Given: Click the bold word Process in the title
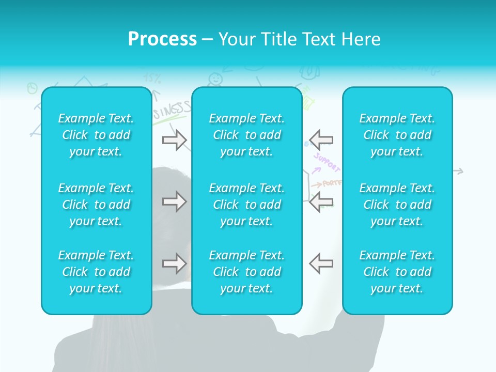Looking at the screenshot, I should pyautogui.click(x=162, y=39).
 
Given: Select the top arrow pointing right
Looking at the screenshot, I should pyautogui.click(x=174, y=140).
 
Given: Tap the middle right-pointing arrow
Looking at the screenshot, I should pyautogui.click(x=174, y=202).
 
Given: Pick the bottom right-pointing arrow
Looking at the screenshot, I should pyautogui.click(x=174, y=263).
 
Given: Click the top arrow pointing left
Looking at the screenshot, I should pyautogui.click(x=321, y=140).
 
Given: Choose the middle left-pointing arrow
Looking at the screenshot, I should pyautogui.click(x=321, y=202).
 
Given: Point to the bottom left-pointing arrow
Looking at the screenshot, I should pyautogui.click(x=321, y=263).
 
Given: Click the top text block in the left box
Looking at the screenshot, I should pyautogui.click(x=96, y=135).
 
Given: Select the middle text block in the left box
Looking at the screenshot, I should pyautogui.click(x=96, y=205).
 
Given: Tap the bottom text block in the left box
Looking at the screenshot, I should pyautogui.click(x=96, y=272).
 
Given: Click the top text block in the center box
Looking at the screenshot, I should pyautogui.click(x=247, y=135).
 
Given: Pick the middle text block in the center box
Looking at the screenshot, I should pyautogui.click(x=247, y=205).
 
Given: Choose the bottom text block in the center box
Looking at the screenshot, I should pyautogui.click(x=247, y=272).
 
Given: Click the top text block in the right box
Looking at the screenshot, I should pyautogui.click(x=397, y=135).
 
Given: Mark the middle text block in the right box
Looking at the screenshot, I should pyautogui.click(x=397, y=205).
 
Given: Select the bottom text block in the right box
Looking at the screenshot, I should pyautogui.click(x=397, y=272).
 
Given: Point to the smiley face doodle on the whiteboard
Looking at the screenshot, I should pyautogui.click(x=215, y=79).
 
